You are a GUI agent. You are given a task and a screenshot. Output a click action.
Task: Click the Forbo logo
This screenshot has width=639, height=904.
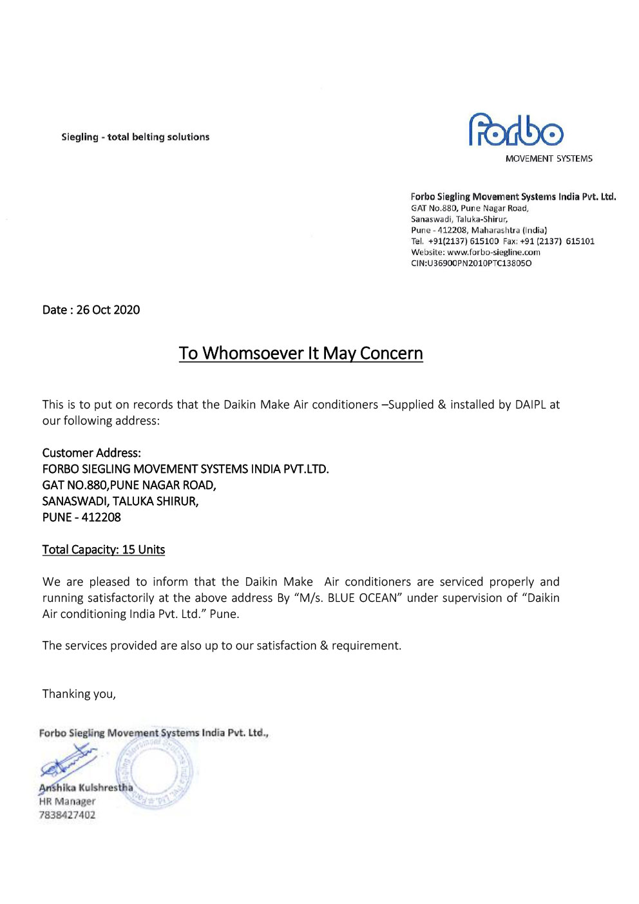coord(516,130)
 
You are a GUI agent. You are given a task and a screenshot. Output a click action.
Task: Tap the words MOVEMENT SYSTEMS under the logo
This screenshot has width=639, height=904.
coord(549,159)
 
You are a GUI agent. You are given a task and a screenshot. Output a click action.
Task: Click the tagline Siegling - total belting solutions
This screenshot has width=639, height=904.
coord(135,137)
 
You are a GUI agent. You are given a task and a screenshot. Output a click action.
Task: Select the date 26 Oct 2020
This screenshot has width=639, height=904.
coord(108,310)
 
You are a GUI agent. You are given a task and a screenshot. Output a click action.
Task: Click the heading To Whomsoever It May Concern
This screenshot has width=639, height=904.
coord(301,354)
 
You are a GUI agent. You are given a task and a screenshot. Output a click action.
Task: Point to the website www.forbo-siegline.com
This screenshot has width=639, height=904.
coord(493,253)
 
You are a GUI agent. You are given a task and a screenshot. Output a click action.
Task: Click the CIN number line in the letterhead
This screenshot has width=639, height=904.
coord(471,264)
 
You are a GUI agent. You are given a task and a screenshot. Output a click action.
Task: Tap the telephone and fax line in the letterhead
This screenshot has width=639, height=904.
coord(502,242)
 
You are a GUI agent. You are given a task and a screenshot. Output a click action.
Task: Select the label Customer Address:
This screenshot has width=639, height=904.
coord(91,453)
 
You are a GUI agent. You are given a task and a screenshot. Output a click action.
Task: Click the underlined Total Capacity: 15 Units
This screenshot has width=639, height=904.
coord(104,550)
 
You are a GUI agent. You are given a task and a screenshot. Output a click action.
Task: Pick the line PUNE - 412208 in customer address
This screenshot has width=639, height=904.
coord(82,517)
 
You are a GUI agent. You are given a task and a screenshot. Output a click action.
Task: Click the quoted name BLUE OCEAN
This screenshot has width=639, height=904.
coord(362,598)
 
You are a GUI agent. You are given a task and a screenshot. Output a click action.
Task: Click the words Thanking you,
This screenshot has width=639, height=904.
coord(79,694)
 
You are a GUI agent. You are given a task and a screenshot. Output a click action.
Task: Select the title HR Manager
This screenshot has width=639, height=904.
coord(67,802)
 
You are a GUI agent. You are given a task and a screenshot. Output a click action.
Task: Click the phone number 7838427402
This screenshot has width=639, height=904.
coord(67,815)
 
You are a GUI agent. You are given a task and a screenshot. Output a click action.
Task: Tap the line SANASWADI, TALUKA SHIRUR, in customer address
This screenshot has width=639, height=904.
coord(120,501)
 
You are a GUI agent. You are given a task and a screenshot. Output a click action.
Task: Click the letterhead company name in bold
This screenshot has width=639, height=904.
coord(513,197)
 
